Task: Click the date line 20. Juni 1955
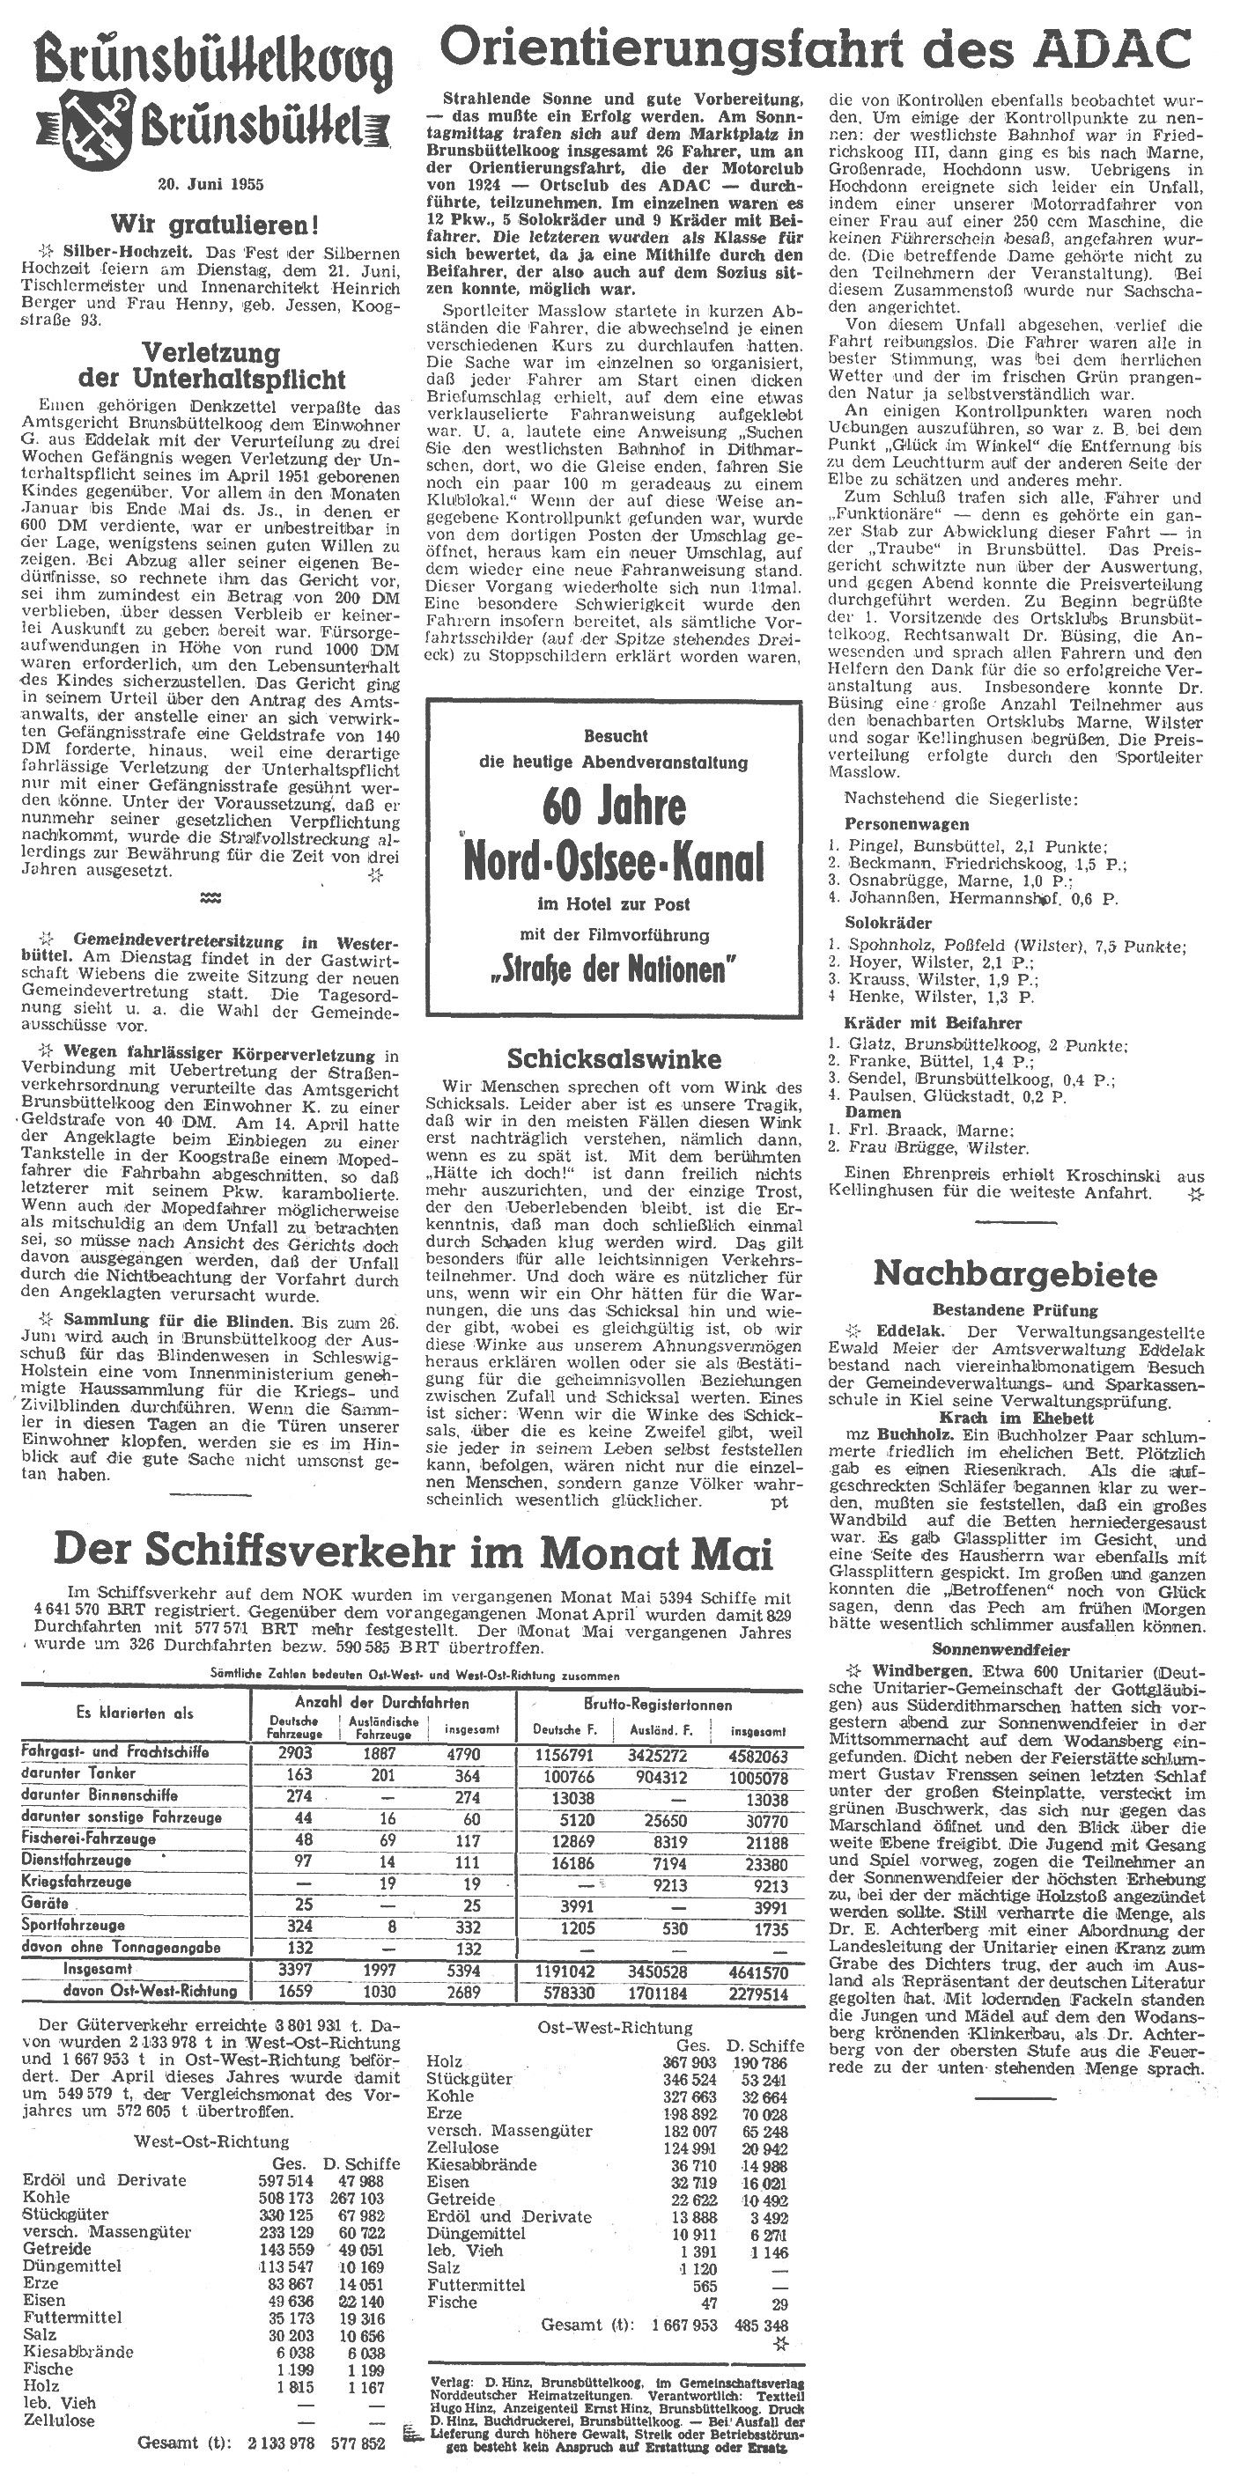pos(210,185)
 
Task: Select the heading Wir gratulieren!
pos(213,226)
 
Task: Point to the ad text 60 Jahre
pos(614,807)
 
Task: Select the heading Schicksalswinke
pos(614,1059)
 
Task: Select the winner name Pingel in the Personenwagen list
pos(871,847)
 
